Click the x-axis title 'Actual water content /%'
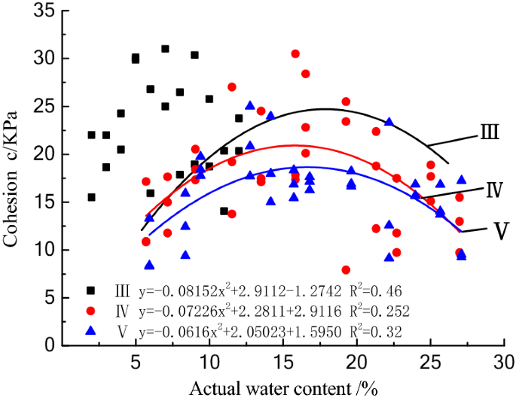tap(284, 389)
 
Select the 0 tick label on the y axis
tap(49, 346)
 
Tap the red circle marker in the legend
tap(90, 310)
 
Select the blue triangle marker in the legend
tap(90, 330)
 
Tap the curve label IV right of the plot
tap(493, 187)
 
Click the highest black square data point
tap(165, 49)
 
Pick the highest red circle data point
tap(295, 54)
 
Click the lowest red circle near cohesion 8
tap(346, 270)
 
